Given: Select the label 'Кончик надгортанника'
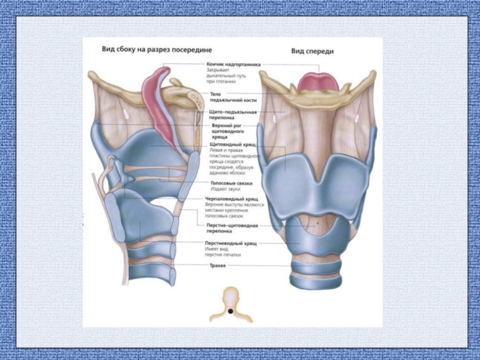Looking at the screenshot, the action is (x=233, y=63).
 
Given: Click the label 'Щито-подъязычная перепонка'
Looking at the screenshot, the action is (x=233, y=115).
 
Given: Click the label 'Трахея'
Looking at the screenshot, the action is (x=217, y=265).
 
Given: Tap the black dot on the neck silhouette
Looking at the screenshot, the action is (x=230, y=311).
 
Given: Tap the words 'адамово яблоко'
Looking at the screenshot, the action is (x=226, y=172).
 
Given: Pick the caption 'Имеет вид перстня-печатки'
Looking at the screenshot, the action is (x=223, y=252).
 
